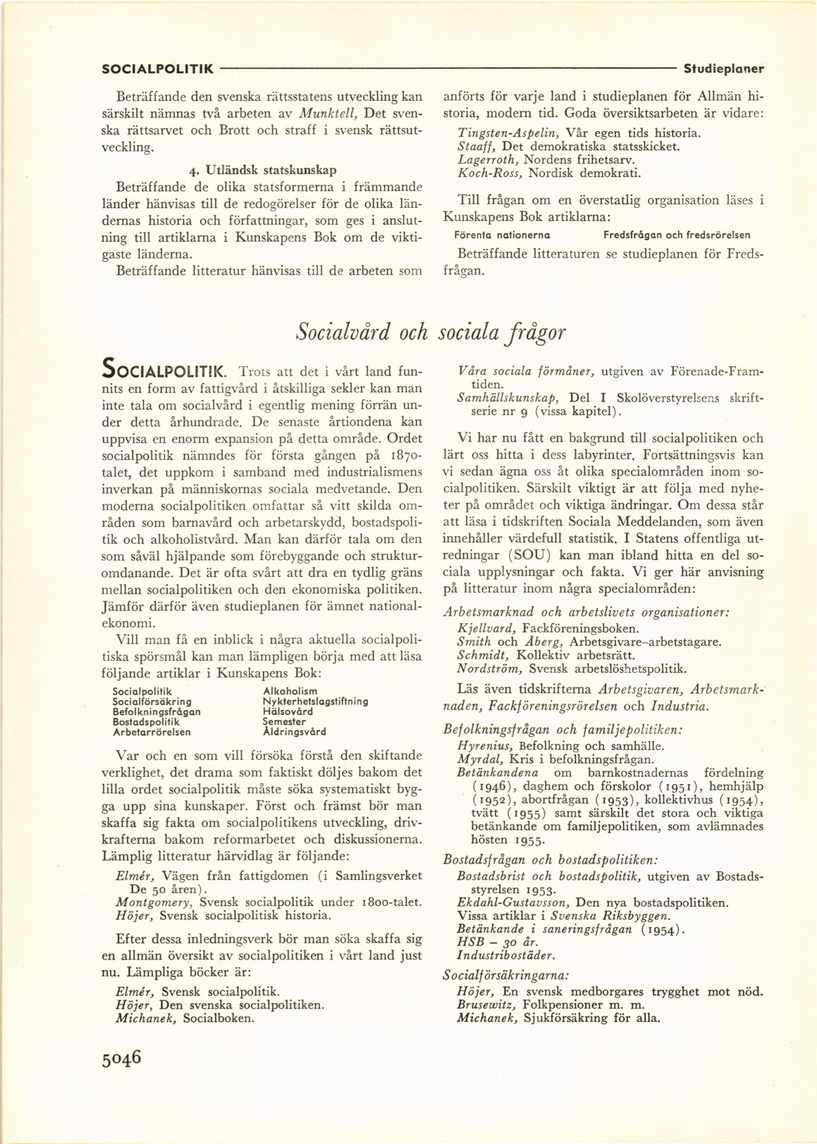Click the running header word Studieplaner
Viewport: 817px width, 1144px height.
click(x=724, y=69)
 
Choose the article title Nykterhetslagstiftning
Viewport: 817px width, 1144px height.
click(x=314, y=702)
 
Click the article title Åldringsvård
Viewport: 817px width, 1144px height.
click(x=294, y=731)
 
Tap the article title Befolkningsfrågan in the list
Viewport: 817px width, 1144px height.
click(x=156, y=711)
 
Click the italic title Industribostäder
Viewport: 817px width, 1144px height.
click(x=505, y=955)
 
